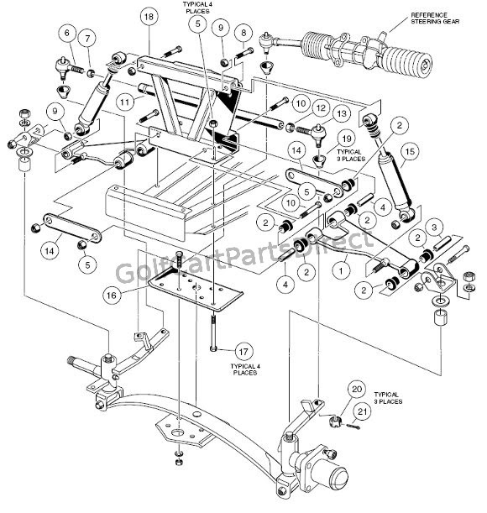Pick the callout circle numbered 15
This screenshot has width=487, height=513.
point(409,152)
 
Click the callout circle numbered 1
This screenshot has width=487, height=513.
point(342,271)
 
